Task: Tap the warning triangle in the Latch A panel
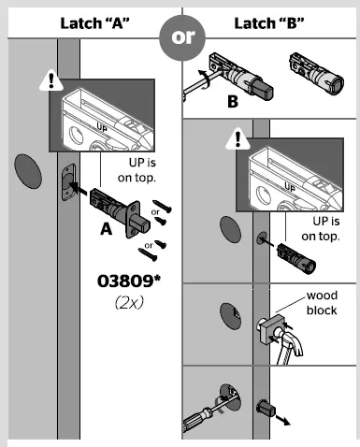click(x=45, y=80)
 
